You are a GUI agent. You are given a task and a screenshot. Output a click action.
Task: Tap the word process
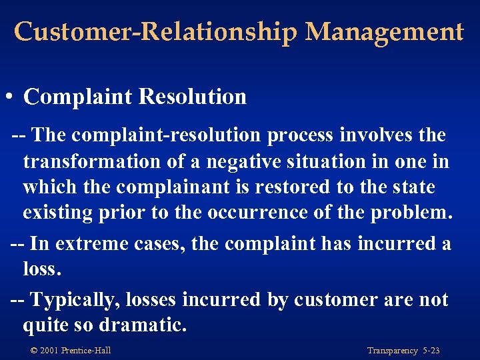pos(300,136)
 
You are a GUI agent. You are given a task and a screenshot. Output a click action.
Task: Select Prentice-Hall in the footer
pos(86,351)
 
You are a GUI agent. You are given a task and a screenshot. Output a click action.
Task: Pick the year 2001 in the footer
pos(49,351)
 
